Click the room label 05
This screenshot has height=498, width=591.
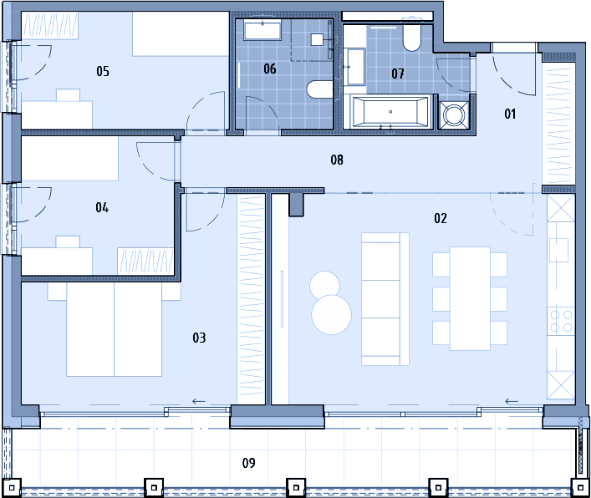click(x=103, y=71)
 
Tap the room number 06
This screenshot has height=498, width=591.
click(x=270, y=69)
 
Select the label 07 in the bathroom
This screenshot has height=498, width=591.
click(x=398, y=74)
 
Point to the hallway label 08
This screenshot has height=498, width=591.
click(x=337, y=160)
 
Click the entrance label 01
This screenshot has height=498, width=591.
click(x=510, y=114)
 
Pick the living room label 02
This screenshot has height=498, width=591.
click(x=441, y=218)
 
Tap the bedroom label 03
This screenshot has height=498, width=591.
click(x=199, y=338)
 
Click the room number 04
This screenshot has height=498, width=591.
click(x=102, y=207)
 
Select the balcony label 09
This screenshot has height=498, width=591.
click(x=249, y=463)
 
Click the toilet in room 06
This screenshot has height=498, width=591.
click(x=320, y=89)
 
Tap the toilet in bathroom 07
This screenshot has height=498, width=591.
click(x=411, y=38)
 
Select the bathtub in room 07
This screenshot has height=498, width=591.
click(x=390, y=112)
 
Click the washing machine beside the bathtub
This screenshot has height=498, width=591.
click(x=454, y=114)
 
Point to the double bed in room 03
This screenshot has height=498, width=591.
click(x=115, y=329)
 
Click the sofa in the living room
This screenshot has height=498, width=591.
click(x=385, y=299)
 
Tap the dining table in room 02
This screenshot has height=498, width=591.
click(x=470, y=299)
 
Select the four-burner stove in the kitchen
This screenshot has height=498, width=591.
click(x=561, y=321)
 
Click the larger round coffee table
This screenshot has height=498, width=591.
click(x=332, y=314)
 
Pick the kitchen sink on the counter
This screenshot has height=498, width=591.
click(x=558, y=250)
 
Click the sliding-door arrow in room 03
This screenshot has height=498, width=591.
click(x=199, y=402)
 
